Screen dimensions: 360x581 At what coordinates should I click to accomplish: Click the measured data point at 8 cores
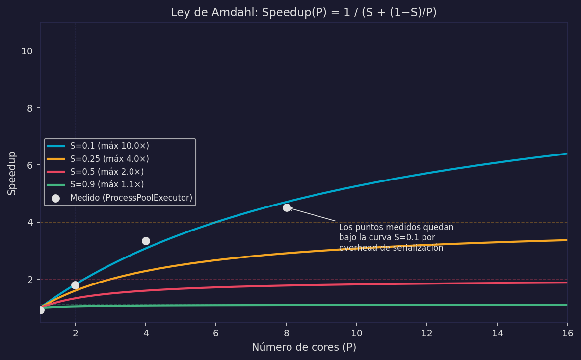tap(287, 207)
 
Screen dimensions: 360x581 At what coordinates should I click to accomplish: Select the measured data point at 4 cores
tap(146, 241)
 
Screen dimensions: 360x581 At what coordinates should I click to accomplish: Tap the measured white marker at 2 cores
tap(75, 285)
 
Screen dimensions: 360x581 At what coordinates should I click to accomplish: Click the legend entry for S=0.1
tap(109, 146)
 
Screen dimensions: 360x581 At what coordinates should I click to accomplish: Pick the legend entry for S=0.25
tap(109, 159)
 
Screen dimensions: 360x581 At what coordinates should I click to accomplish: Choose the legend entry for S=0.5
tap(107, 172)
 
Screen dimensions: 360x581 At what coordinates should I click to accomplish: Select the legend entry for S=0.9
tap(107, 185)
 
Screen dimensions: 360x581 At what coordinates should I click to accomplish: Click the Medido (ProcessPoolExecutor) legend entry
tap(131, 198)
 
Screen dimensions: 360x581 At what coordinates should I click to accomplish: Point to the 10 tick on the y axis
tap(27, 51)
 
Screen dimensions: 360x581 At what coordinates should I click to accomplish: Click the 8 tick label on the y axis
tap(30, 108)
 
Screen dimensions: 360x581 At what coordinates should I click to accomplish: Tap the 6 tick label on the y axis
tap(30, 165)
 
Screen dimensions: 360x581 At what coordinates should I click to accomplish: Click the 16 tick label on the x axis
tap(567, 333)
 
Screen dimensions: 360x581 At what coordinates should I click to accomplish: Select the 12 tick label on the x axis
tap(427, 333)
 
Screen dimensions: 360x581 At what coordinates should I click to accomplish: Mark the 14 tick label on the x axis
tap(497, 333)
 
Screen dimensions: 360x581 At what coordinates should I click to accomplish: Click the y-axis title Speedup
tap(12, 173)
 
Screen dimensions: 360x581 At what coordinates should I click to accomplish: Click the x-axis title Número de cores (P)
tap(304, 347)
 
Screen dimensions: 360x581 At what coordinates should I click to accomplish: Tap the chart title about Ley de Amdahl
tap(304, 13)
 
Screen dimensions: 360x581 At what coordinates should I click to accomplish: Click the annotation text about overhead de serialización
tap(396, 238)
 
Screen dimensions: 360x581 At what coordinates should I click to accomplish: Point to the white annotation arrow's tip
tap(290, 208)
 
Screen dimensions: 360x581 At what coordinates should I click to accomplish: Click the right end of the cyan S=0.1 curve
tap(567, 154)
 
